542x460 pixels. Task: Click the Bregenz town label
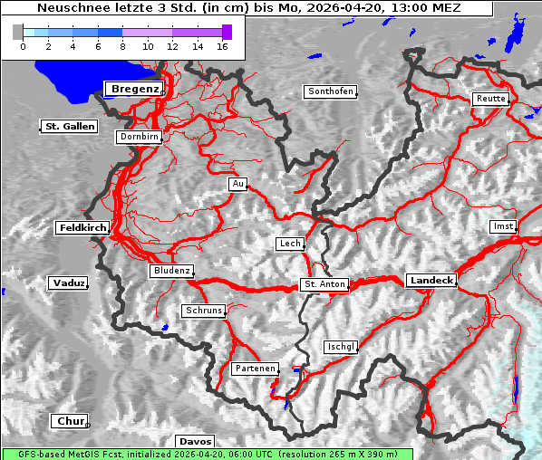(x=135, y=89)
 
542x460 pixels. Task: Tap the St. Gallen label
(x=69, y=127)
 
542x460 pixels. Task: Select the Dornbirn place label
(x=139, y=138)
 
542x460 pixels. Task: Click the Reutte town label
(x=490, y=99)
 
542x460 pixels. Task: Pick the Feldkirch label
(x=82, y=228)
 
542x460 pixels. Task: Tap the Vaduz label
(x=68, y=283)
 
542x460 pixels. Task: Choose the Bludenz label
(x=171, y=271)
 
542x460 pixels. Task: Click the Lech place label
(x=290, y=244)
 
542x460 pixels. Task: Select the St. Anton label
(x=324, y=284)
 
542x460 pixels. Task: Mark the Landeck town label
(x=431, y=281)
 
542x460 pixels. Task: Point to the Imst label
(x=502, y=225)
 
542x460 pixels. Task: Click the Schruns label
(x=203, y=311)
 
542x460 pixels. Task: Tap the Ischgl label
(x=342, y=347)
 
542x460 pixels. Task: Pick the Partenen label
(x=254, y=369)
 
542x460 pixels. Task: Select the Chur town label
(x=70, y=422)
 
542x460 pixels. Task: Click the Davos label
(x=196, y=441)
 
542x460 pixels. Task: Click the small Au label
(x=237, y=184)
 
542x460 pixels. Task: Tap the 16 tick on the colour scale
(x=222, y=45)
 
